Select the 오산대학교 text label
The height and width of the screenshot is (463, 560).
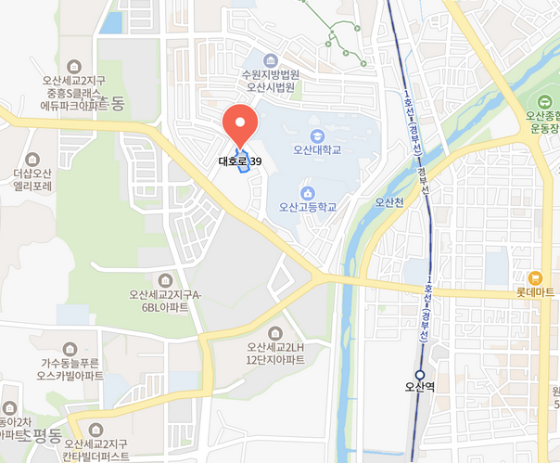coord(317,148)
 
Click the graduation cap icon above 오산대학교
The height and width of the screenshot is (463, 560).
coord(317,134)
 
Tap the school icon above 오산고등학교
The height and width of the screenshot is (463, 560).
coord(308,191)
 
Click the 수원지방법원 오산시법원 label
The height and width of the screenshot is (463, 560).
coord(270,82)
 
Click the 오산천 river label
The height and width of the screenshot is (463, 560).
coord(388,201)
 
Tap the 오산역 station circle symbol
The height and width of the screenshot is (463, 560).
coord(420,375)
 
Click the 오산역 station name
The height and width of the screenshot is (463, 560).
coord(420,389)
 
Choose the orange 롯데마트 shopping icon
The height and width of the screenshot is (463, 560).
coord(535,277)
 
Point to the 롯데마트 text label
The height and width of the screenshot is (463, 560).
coord(536,292)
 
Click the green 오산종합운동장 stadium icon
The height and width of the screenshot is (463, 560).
coord(545,100)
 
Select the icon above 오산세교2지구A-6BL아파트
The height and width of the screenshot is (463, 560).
coord(166,280)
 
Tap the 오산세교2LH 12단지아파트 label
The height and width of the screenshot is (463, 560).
coord(275,353)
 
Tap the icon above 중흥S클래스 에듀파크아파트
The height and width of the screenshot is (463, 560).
coord(74,66)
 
